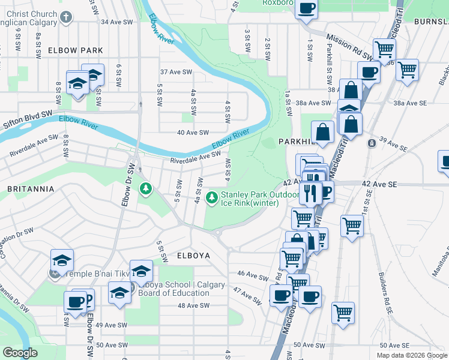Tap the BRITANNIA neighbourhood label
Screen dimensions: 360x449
31,188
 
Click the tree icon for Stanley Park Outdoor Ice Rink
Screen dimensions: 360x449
212,197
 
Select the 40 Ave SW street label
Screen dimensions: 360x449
193,133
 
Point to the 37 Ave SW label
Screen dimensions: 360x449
175,72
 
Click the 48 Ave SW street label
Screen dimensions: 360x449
193,305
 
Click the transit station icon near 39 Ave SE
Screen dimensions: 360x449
372,143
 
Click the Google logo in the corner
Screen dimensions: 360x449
21,353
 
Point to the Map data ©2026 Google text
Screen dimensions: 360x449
411,355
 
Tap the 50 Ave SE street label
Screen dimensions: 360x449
394,346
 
